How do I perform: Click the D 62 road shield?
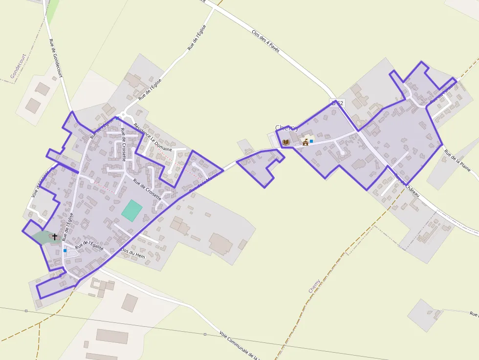[x=337, y=103]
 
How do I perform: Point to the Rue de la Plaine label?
[x=457, y=161]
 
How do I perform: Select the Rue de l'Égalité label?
[x=89, y=245]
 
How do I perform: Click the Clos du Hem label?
[x=133, y=255]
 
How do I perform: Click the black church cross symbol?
[x=54, y=237]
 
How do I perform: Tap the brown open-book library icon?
[x=286, y=142]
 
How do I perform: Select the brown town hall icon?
[x=305, y=142]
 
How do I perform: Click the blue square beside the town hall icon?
[x=311, y=141]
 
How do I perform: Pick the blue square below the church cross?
[x=65, y=251]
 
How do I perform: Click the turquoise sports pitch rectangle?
[x=132, y=211]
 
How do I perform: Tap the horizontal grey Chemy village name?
[x=286, y=128]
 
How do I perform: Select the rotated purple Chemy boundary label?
[x=314, y=286]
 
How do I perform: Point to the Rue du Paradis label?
[x=442, y=92]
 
